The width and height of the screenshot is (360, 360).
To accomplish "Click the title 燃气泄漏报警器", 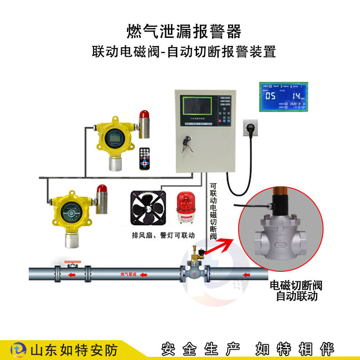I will pyautogui.click(x=184, y=32).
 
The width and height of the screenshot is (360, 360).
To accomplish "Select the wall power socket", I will pyautogui.click(x=252, y=127).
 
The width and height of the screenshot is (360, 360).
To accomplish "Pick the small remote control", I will pyautogui.click(x=144, y=158).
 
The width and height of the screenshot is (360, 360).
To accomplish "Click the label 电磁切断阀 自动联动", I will pyautogui.click(x=296, y=291).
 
